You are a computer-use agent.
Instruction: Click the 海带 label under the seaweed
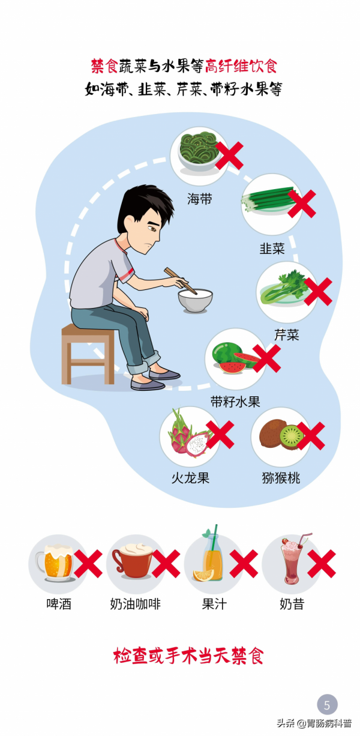click(199, 199)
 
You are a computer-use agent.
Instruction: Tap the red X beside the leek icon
click(301, 204)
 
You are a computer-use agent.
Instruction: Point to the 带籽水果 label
click(235, 402)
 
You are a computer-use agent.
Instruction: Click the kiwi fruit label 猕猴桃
click(281, 478)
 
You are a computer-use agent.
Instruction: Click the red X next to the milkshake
click(321, 564)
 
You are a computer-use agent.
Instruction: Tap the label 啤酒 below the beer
click(59, 604)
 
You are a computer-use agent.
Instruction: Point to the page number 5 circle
click(327, 704)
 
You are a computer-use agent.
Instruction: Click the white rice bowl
click(196, 301)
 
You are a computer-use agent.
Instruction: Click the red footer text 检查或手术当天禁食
click(188, 656)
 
